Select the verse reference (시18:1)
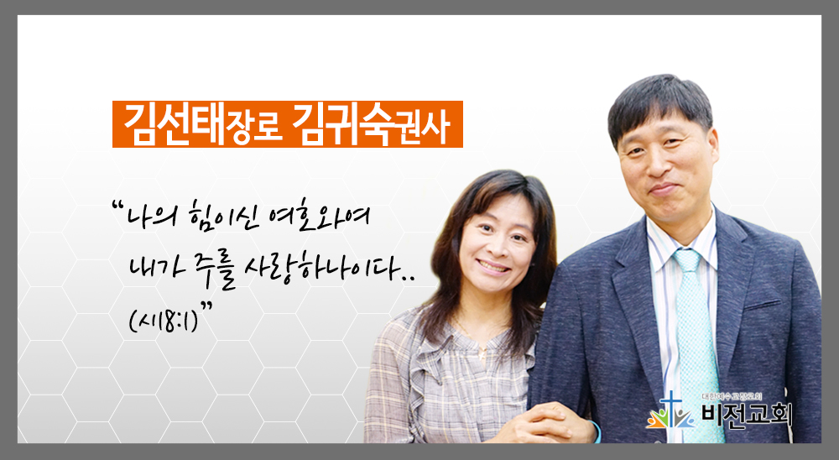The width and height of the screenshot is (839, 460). pos(164,320)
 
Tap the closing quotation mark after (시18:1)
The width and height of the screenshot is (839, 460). pos(206,306)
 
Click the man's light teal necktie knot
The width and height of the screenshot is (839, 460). pos(687,261)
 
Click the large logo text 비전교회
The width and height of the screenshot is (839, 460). pos(747,415)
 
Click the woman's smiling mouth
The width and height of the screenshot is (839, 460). pos(493,265)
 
